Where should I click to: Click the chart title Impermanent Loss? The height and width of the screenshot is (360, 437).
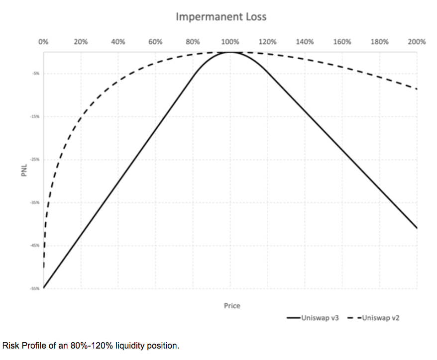pos(221,17)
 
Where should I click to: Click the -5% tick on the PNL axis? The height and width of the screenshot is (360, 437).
pos(37,73)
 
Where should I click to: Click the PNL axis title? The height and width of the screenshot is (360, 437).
pos(24,170)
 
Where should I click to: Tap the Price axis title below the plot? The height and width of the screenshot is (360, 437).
pos(232,306)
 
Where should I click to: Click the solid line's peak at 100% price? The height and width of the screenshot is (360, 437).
pos(230,52)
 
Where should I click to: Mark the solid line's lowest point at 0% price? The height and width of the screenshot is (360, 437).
pos(44,287)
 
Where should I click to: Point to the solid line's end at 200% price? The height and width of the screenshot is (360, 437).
pos(417,228)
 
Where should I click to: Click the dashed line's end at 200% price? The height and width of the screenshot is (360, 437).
pos(416,89)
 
